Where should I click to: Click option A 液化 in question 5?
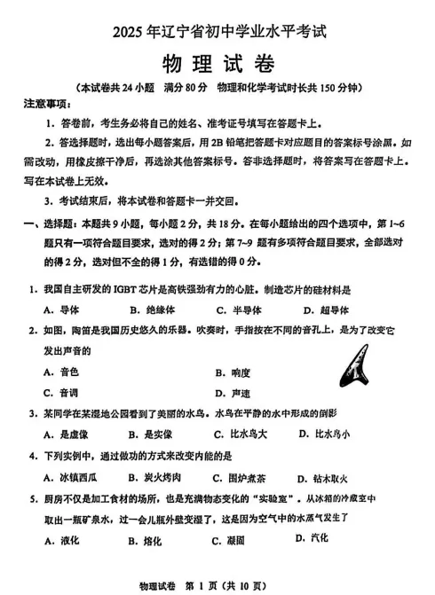[x=62, y=540]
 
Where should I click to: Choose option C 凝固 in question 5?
[x=228, y=540]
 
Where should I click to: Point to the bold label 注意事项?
[x=44, y=105]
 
